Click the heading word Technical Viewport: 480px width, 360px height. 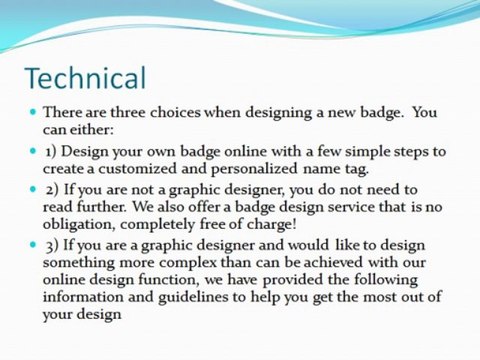click(85, 77)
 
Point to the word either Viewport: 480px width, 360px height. click(95, 130)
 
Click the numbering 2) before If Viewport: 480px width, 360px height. click(52, 190)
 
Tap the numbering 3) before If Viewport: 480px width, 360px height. click(52, 245)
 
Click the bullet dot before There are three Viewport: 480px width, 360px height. click(33, 112)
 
